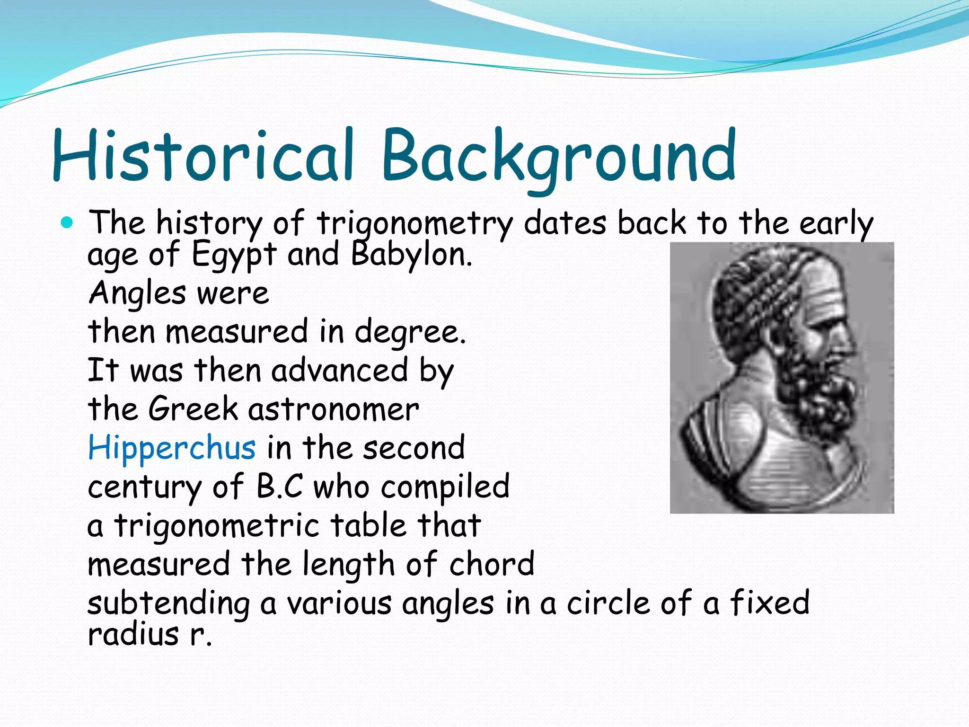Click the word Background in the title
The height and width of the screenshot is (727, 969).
pos(558,156)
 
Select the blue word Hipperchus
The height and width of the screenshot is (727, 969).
pos(172,447)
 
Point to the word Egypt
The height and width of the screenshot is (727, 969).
pos(234,255)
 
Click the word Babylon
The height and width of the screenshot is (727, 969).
pos(411,255)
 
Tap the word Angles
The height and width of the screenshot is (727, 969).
pos(137,293)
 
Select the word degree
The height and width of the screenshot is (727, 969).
pos(410,332)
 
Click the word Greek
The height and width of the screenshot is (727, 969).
pos(193,408)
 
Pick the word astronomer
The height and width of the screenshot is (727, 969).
pos(334,409)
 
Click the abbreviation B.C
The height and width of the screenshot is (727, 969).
pos(279,486)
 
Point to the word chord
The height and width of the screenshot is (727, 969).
pos(492,564)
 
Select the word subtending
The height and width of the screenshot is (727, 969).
pos(168,603)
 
